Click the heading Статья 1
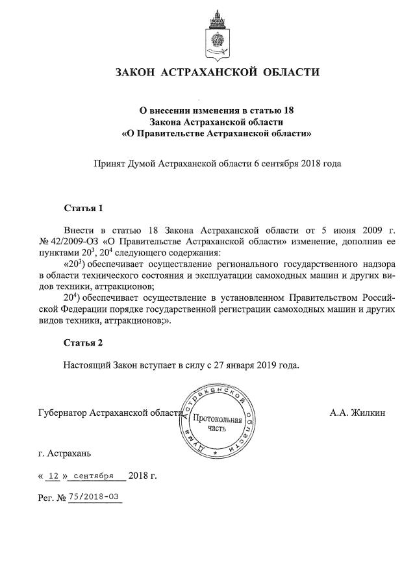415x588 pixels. point(83,209)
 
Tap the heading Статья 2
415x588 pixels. point(83,342)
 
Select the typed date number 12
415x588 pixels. point(55,476)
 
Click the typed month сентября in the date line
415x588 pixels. point(94,476)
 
